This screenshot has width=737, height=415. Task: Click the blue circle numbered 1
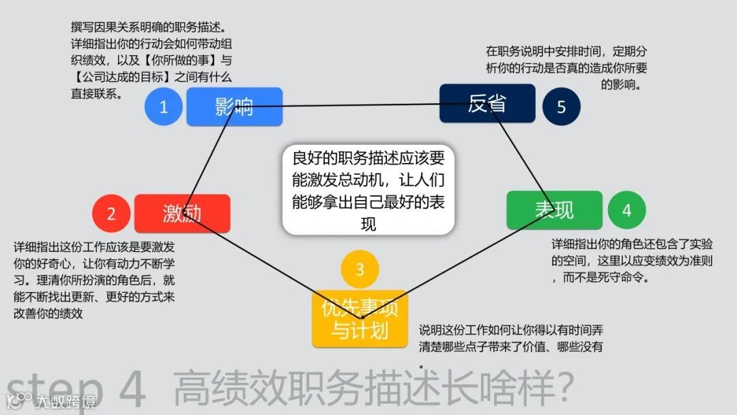(164, 106)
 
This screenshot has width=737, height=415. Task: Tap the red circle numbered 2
(111, 214)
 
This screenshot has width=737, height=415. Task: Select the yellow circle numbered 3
(360, 270)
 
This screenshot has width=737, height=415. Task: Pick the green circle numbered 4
(626, 210)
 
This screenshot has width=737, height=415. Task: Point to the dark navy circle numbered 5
(561, 107)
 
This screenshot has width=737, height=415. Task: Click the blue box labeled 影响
(234, 106)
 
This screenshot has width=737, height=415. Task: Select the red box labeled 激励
(182, 214)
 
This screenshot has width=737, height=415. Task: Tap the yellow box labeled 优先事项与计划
(360, 319)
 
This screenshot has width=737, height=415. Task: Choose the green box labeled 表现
(554, 210)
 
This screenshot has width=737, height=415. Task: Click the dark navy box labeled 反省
(487, 104)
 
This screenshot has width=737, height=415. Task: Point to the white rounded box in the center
(369, 190)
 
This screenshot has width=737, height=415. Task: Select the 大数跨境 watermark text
(64, 401)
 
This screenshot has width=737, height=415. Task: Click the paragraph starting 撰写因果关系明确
(151, 61)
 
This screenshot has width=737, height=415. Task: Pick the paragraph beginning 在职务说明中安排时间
(566, 68)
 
